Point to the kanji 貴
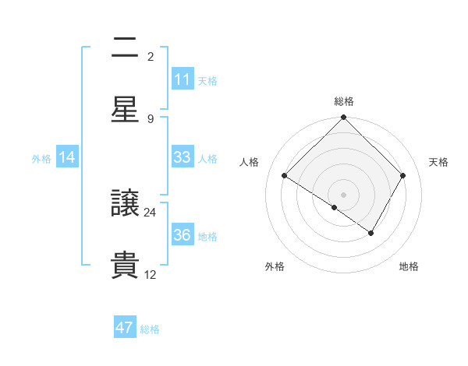[125, 265]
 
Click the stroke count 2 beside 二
[151, 57]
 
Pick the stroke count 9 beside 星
[151, 118]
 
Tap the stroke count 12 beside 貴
[151, 274]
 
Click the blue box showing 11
[183, 79]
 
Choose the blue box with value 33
[183, 157]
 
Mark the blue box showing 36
[183, 236]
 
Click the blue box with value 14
[67, 157]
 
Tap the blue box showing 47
[125, 328]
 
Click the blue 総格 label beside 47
[151, 329]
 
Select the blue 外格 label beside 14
[41, 158]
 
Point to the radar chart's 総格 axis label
[344, 101]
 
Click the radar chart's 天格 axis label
[438, 162]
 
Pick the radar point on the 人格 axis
[285, 176]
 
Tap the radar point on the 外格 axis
[335, 208]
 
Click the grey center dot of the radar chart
[344, 194]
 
